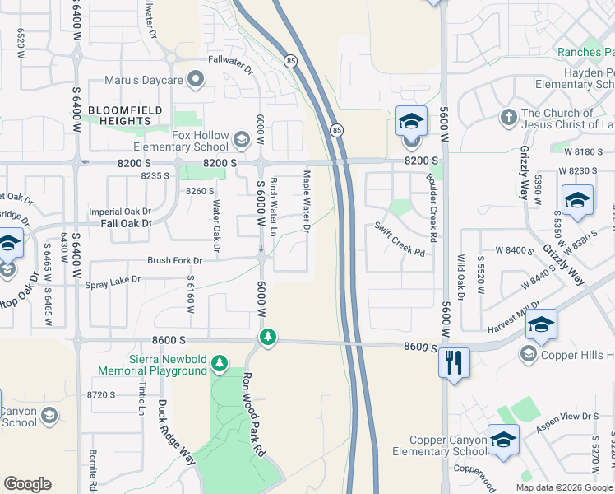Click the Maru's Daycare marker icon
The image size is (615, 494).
(x=196, y=80)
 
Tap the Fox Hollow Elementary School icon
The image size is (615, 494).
(x=241, y=139)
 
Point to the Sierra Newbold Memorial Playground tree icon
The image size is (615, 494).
(x=219, y=362)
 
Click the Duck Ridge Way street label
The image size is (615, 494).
(x=176, y=432)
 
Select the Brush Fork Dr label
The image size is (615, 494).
(x=174, y=260)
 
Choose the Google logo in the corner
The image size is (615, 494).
(x=27, y=484)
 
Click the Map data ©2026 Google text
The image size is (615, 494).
(x=563, y=487)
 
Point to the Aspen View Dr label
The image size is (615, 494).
(x=566, y=419)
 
